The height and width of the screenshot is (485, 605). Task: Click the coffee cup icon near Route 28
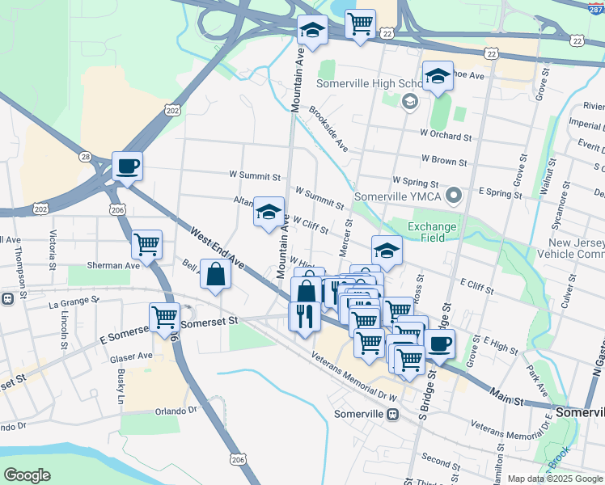(x=127, y=167)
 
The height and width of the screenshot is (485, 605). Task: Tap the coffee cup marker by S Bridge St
(x=440, y=344)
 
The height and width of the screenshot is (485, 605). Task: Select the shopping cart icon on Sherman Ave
(x=146, y=243)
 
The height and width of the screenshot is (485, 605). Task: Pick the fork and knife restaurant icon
(x=304, y=315)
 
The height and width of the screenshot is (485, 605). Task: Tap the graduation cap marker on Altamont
(x=269, y=213)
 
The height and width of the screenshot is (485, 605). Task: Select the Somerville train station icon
(x=392, y=414)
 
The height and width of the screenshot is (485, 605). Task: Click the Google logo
(x=27, y=475)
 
